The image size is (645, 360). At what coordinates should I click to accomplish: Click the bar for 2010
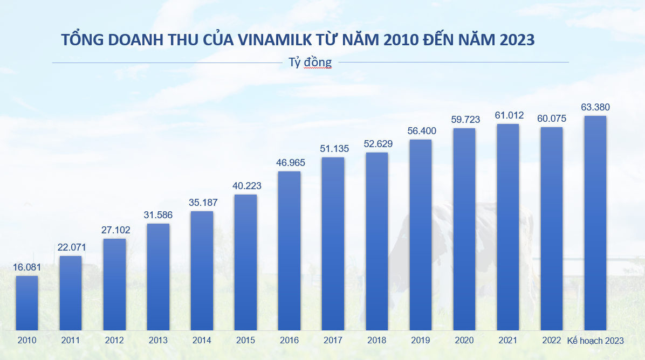(27, 303)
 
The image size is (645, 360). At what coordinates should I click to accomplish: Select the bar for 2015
(245, 262)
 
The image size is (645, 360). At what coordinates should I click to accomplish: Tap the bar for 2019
(421, 235)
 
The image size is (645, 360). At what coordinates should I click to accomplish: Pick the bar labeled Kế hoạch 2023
(595, 223)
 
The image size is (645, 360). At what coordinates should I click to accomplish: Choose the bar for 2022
(552, 229)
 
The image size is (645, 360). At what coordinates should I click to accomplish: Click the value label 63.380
(595, 107)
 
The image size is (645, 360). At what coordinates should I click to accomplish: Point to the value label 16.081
(27, 267)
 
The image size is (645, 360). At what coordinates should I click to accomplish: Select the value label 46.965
(289, 162)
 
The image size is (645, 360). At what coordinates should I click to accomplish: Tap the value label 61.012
(508, 115)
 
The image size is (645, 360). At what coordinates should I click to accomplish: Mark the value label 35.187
(202, 203)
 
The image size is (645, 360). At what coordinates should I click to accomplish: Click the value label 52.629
(376, 144)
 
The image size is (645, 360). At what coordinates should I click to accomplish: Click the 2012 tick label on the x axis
(114, 341)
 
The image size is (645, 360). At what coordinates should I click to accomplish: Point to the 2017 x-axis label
(333, 341)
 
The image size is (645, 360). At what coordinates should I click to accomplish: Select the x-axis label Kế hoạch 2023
(595, 341)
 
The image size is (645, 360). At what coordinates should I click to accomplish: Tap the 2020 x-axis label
(464, 341)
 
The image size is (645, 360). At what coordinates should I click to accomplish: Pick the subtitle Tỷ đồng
(310, 62)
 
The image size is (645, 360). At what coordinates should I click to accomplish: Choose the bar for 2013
(158, 276)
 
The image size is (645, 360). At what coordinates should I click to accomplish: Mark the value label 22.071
(71, 247)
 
